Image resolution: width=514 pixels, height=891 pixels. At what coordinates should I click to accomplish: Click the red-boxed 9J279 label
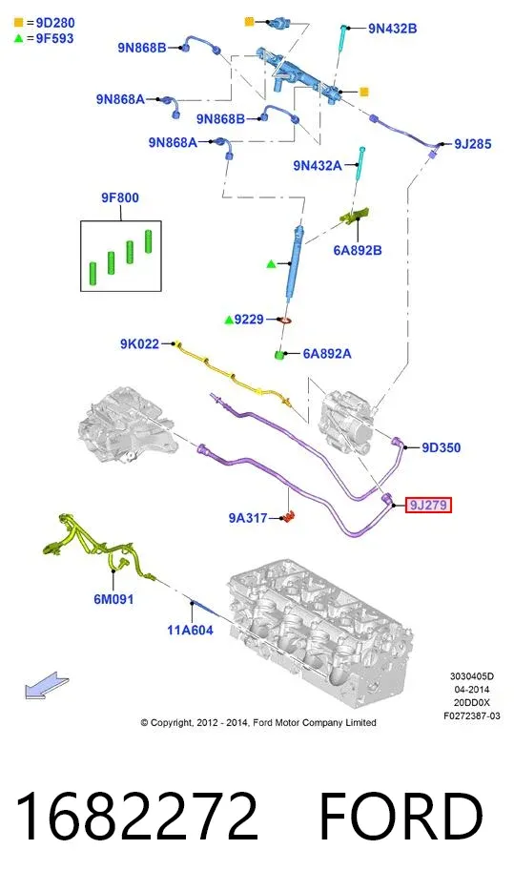tap(427, 505)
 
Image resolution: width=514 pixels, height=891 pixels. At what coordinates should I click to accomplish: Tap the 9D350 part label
tap(441, 447)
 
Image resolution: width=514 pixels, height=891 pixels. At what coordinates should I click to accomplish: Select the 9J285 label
tap(473, 144)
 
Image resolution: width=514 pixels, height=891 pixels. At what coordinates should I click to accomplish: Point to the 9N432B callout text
tap(392, 29)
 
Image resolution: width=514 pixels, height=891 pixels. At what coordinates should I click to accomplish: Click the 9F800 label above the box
tap(120, 197)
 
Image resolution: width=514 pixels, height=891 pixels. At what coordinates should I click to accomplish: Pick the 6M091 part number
tap(113, 599)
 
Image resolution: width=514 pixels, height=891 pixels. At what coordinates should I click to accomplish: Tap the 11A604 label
tap(190, 630)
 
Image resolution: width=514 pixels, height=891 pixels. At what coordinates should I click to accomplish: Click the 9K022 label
tap(139, 343)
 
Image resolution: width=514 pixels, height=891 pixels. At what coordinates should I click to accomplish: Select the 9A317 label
tap(248, 518)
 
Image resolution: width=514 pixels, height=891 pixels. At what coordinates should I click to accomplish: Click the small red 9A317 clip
tap(290, 517)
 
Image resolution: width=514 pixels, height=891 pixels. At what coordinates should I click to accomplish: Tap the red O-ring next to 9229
tap(286, 320)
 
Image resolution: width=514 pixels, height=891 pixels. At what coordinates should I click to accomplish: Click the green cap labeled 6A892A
tap(278, 355)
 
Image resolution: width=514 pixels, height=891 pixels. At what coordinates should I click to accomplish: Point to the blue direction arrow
tap(47, 685)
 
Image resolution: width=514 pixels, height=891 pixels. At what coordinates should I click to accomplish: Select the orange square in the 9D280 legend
tap(19, 23)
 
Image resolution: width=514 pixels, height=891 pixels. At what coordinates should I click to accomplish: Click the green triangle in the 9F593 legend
tap(19, 39)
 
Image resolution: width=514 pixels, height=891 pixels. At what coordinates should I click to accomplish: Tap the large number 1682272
tap(137, 817)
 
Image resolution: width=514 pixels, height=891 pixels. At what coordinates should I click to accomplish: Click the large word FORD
tap(401, 817)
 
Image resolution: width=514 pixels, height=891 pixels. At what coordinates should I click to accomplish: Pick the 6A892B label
tap(358, 250)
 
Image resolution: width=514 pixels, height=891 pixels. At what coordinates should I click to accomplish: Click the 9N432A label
tap(318, 165)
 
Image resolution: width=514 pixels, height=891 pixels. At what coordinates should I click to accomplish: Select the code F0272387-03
tap(472, 716)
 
